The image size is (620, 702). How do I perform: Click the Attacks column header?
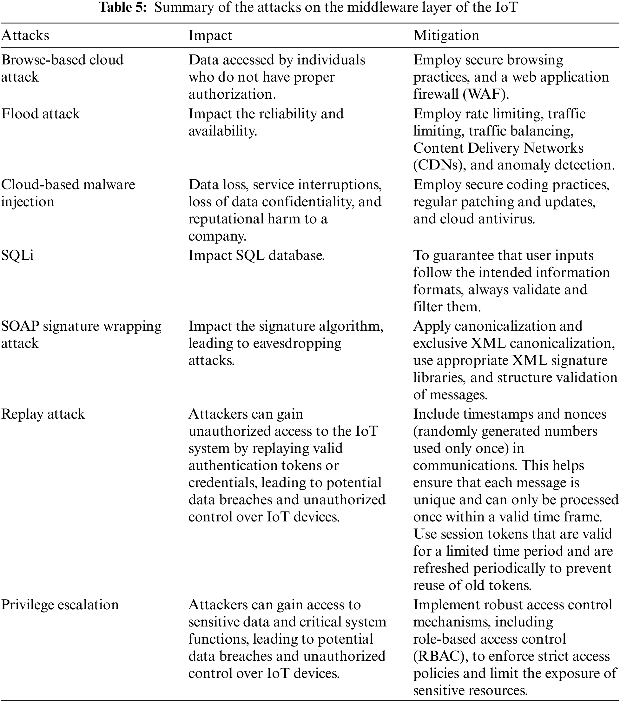click(x=25, y=35)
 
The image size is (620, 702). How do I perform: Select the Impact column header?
click(x=210, y=35)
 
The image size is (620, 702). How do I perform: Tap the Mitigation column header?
click(x=446, y=35)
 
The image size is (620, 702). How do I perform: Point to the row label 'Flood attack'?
click(x=40, y=114)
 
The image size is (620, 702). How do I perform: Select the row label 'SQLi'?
click(x=17, y=255)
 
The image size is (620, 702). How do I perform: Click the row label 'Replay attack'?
click(x=43, y=414)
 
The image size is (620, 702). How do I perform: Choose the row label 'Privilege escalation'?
click(x=60, y=605)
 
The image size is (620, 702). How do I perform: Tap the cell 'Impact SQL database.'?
click(x=256, y=255)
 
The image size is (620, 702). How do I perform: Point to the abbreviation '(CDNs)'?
click(x=439, y=165)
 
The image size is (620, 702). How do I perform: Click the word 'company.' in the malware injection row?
click(x=217, y=236)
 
